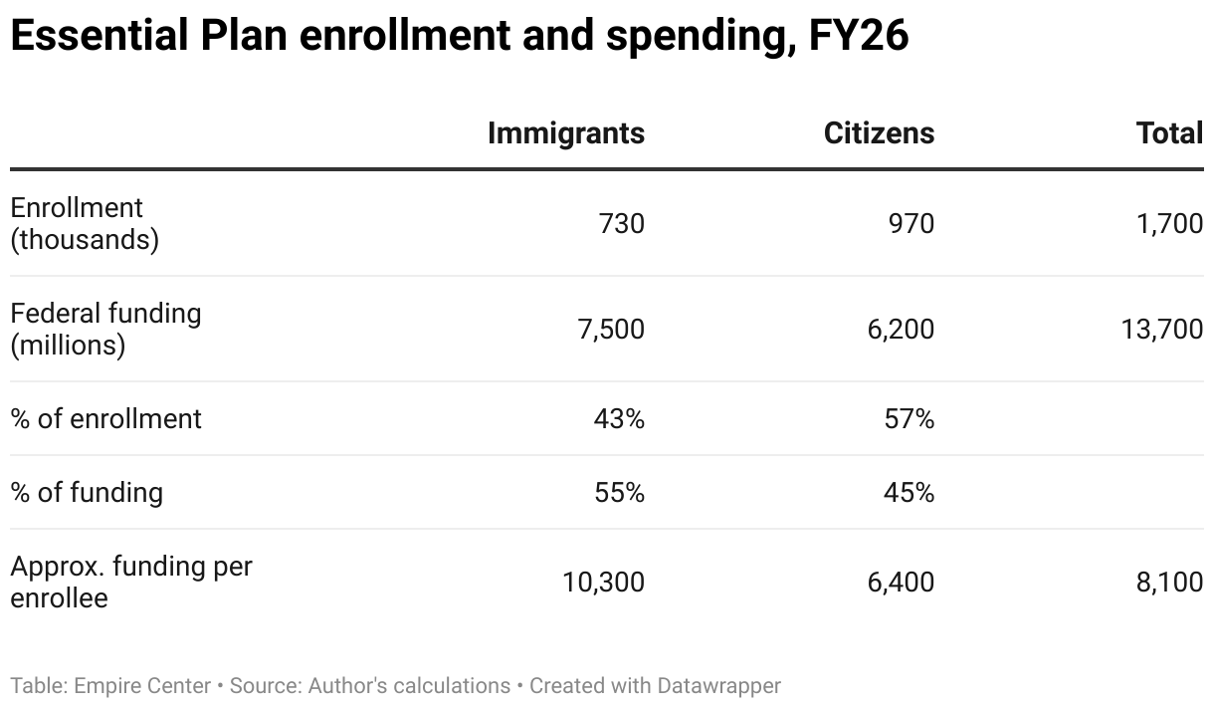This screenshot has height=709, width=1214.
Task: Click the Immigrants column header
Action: [x=565, y=133]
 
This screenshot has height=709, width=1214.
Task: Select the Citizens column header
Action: [x=879, y=133]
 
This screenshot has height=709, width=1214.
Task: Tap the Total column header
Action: [x=1169, y=133]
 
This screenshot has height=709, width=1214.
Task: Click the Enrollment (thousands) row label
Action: [x=85, y=224]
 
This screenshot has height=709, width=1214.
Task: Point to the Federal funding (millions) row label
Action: [x=105, y=330]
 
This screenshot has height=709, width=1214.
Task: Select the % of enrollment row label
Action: [x=105, y=419]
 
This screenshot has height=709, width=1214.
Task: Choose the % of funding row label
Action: [x=87, y=493]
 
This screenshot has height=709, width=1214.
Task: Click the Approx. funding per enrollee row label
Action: [x=131, y=583]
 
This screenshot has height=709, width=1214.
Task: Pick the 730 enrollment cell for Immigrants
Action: [x=621, y=224]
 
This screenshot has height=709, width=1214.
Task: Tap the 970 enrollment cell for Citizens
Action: [x=910, y=224]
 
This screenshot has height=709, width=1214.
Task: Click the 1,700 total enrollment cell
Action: [x=1169, y=224]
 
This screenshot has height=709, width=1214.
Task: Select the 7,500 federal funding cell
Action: [x=611, y=330]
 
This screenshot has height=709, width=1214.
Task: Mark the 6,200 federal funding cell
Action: [x=901, y=330]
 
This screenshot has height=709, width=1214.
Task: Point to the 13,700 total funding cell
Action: [x=1162, y=330]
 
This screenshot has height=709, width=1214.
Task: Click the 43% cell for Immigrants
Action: [x=619, y=419]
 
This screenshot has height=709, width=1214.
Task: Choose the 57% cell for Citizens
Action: [x=910, y=419]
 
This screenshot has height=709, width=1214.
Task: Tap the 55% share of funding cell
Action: [x=619, y=493]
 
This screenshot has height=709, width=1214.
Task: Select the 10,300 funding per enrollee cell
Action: [x=603, y=583]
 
